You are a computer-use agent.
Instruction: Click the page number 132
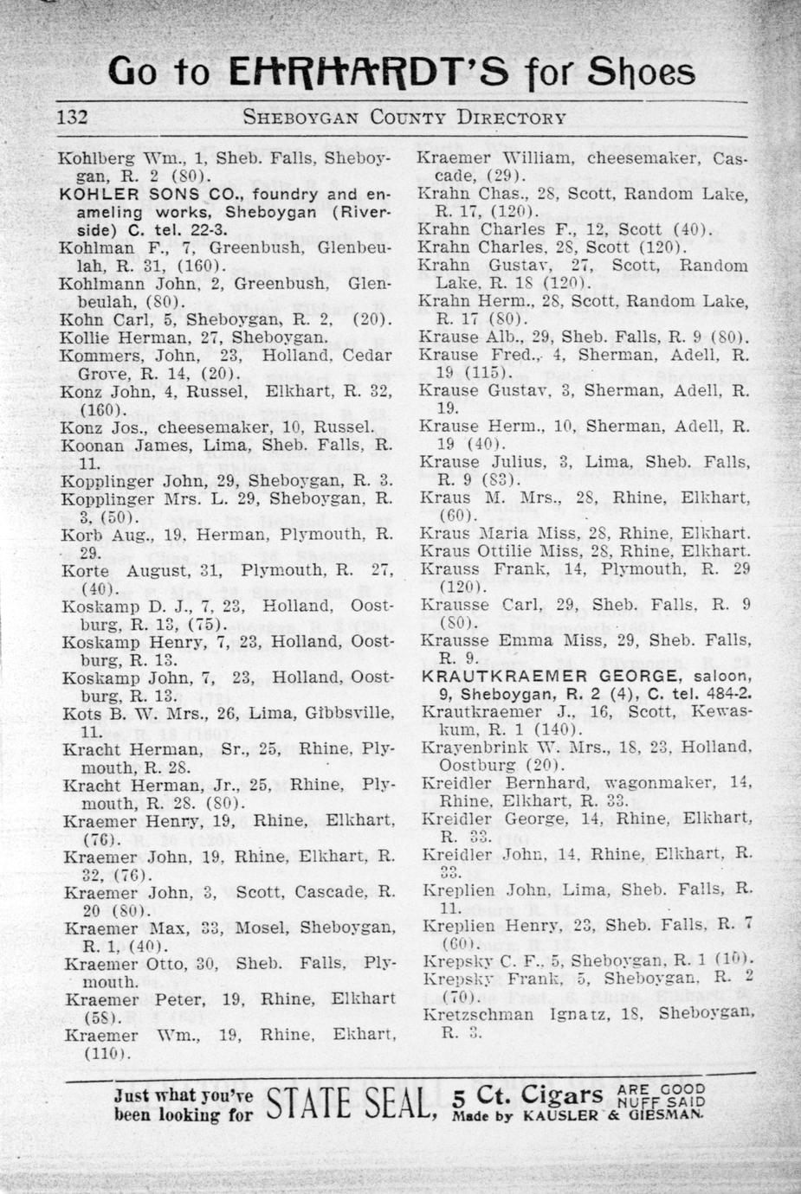(73, 117)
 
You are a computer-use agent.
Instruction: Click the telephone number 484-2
(728, 694)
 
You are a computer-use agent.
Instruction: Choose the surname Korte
(86, 570)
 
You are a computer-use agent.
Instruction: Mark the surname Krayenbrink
(470, 748)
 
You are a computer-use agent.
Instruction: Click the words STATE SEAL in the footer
(348, 1104)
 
